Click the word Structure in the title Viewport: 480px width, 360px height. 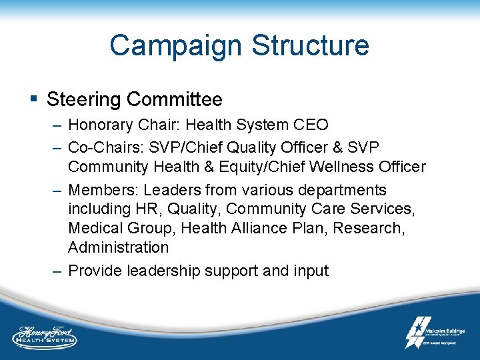[x=310, y=45]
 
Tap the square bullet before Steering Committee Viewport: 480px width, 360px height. [x=33, y=100]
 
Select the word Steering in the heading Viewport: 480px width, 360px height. [x=83, y=100]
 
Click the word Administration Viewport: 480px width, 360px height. [x=118, y=247]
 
